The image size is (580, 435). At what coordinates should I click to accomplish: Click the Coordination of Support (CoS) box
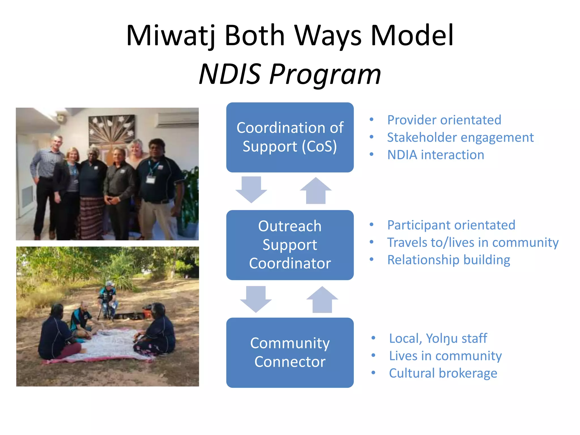click(x=290, y=137)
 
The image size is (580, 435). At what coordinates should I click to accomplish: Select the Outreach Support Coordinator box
click(x=290, y=245)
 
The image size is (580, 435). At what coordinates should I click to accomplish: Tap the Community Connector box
click(x=290, y=353)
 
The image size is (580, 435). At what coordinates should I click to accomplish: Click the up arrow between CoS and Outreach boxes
click(x=315, y=191)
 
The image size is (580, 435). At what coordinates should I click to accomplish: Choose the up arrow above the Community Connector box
click(x=322, y=300)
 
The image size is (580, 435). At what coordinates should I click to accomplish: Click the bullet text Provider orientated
click(x=444, y=120)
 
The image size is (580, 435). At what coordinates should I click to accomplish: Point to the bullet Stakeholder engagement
click(x=460, y=137)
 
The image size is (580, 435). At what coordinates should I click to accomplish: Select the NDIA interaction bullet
click(x=436, y=155)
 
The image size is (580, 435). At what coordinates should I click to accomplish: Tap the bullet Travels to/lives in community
click(x=473, y=242)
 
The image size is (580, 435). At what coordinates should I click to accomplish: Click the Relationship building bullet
click(x=449, y=260)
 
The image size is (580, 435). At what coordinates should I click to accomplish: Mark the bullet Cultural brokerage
click(x=443, y=373)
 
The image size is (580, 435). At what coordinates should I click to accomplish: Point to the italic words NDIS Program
click(x=290, y=74)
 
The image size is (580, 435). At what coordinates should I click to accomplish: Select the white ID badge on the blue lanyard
click(x=151, y=180)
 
